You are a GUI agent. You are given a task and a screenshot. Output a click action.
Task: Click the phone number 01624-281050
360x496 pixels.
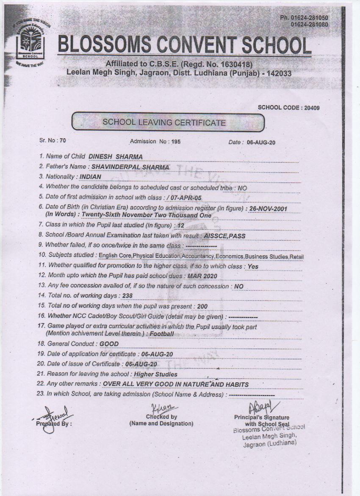304,17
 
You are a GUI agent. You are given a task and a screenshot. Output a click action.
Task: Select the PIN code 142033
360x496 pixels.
276,73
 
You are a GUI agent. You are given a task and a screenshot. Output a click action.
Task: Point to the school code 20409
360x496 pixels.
312,108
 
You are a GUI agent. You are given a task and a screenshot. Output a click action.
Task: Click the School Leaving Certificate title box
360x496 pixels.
168,123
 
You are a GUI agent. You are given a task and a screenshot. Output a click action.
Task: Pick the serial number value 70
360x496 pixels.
63,140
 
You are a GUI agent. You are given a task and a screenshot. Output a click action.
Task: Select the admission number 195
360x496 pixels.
175,142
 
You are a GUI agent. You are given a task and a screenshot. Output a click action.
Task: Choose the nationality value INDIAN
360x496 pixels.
91,176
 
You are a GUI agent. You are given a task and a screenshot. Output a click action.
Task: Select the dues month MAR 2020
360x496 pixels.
202,276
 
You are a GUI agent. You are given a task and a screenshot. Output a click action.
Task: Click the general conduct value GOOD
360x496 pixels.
109,344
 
